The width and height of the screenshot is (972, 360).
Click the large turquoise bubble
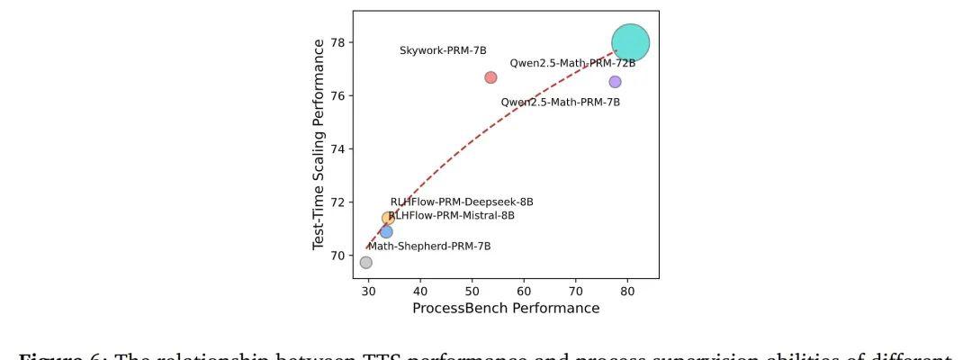[x=630, y=42]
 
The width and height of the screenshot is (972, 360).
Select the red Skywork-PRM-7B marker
[x=490, y=77]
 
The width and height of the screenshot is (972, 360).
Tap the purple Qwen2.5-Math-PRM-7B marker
[x=615, y=82]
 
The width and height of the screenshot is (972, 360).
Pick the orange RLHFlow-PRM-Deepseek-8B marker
[x=388, y=218]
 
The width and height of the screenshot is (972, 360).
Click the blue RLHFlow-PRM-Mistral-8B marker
[x=386, y=232]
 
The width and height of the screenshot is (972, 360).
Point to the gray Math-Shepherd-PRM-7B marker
[x=366, y=263]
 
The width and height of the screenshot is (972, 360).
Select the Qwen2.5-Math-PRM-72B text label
[x=572, y=64]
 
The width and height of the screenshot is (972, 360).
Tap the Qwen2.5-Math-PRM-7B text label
[x=560, y=103]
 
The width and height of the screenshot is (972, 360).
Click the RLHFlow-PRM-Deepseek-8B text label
[x=462, y=202]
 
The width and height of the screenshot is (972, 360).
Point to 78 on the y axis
[x=337, y=43]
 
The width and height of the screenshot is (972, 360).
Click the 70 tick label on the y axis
[x=337, y=256]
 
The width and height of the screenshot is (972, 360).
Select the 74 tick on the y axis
[x=337, y=149]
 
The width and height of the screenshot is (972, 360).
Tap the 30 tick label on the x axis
[x=368, y=292]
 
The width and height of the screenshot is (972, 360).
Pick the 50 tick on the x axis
[x=472, y=292]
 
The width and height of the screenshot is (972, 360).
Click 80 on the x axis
[x=628, y=292]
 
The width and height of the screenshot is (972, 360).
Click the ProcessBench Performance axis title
[x=506, y=309]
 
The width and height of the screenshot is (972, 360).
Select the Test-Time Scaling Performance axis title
[x=319, y=144]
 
